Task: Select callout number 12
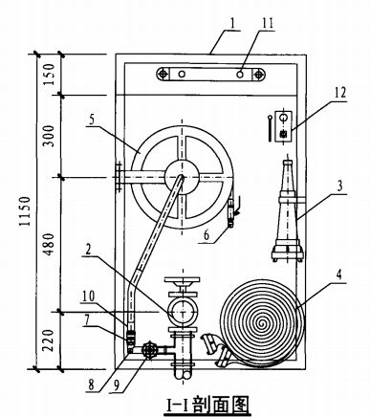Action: (339, 93)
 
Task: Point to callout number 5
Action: (92, 120)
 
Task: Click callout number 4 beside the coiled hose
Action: (339, 274)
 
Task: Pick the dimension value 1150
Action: (25, 211)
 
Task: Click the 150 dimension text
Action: (49, 75)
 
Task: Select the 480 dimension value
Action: (49, 245)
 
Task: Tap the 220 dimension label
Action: (49, 340)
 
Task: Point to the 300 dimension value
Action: (49, 136)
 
